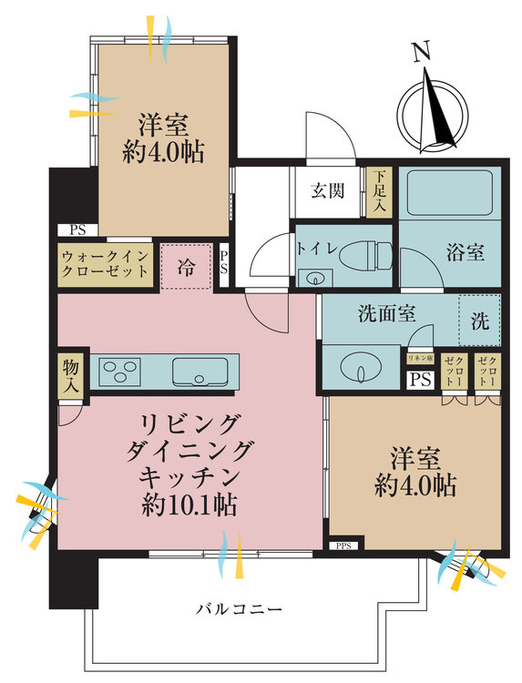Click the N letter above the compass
click(421, 54)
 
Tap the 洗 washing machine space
click(479, 320)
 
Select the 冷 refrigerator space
click(187, 267)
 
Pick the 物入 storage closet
click(71, 375)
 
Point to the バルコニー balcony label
click(240, 608)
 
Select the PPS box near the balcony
click(343, 545)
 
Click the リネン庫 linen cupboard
click(420, 360)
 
